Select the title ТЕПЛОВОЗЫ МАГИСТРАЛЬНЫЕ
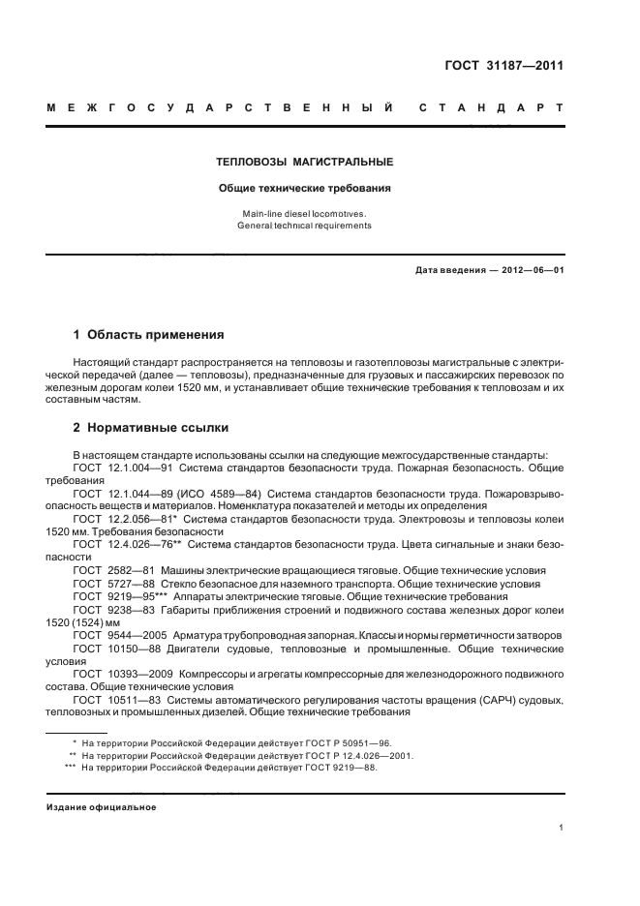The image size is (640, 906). tap(304, 162)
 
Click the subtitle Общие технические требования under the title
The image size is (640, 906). tap(304, 189)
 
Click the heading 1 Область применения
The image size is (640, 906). tap(148, 335)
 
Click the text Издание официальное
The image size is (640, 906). tap(102, 807)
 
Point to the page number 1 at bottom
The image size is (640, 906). tap(561, 828)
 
